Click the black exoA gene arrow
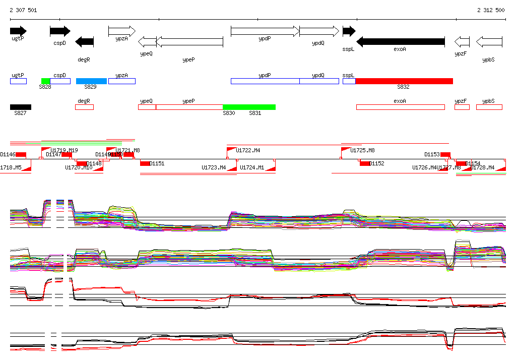(400, 41)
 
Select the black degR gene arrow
(84, 41)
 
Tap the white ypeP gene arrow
(189, 41)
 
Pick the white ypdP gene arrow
(265, 31)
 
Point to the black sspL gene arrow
(349, 31)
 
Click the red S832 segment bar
(404, 81)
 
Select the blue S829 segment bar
(91, 81)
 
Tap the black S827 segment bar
(21, 107)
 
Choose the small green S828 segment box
(45, 81)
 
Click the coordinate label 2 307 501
(23, 10)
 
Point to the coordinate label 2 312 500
(491, 10)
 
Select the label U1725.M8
(363, 150)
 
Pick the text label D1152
(377, 163)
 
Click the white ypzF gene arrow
(462, 41)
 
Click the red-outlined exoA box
(400, 107)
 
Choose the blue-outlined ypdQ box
(319, 81)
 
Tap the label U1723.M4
(214, 167)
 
